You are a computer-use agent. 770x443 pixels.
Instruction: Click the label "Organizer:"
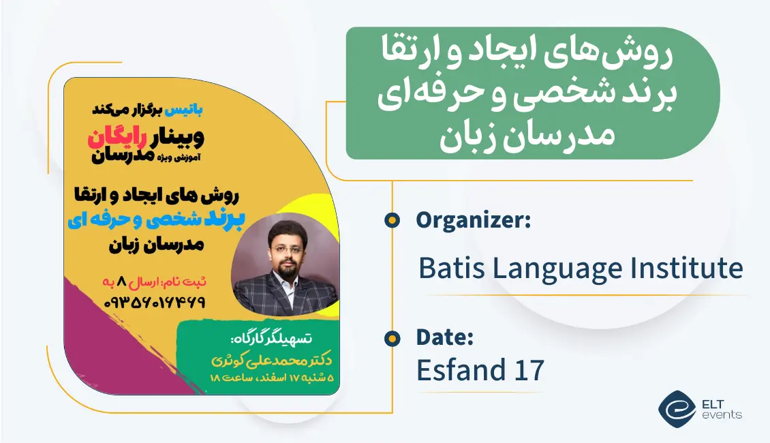tap(473, 220)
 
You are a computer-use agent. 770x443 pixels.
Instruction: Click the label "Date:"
tap(445, 337)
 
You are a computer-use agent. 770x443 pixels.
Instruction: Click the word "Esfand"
tap(459, 370)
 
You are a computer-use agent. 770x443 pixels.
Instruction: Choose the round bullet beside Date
tap(392, 337)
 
